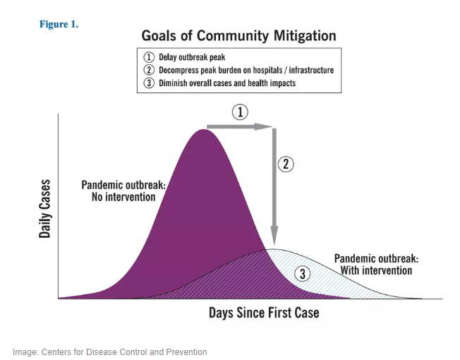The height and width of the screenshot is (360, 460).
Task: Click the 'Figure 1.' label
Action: pos(59,24)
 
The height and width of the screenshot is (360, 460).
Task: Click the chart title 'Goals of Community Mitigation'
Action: pos(238,36)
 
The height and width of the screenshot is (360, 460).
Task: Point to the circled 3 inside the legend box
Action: pos(149,83)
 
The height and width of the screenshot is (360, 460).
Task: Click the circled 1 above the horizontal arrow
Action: pos(240,112)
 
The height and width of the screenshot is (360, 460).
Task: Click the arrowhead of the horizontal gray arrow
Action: pos(268,127)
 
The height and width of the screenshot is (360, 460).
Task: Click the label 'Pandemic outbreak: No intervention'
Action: pos(123,191)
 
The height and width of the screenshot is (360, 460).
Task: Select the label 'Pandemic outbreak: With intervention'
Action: pos(376,264)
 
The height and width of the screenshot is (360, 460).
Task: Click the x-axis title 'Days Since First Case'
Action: pos(263,312)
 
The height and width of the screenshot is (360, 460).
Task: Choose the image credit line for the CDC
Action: pos(109,352)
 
